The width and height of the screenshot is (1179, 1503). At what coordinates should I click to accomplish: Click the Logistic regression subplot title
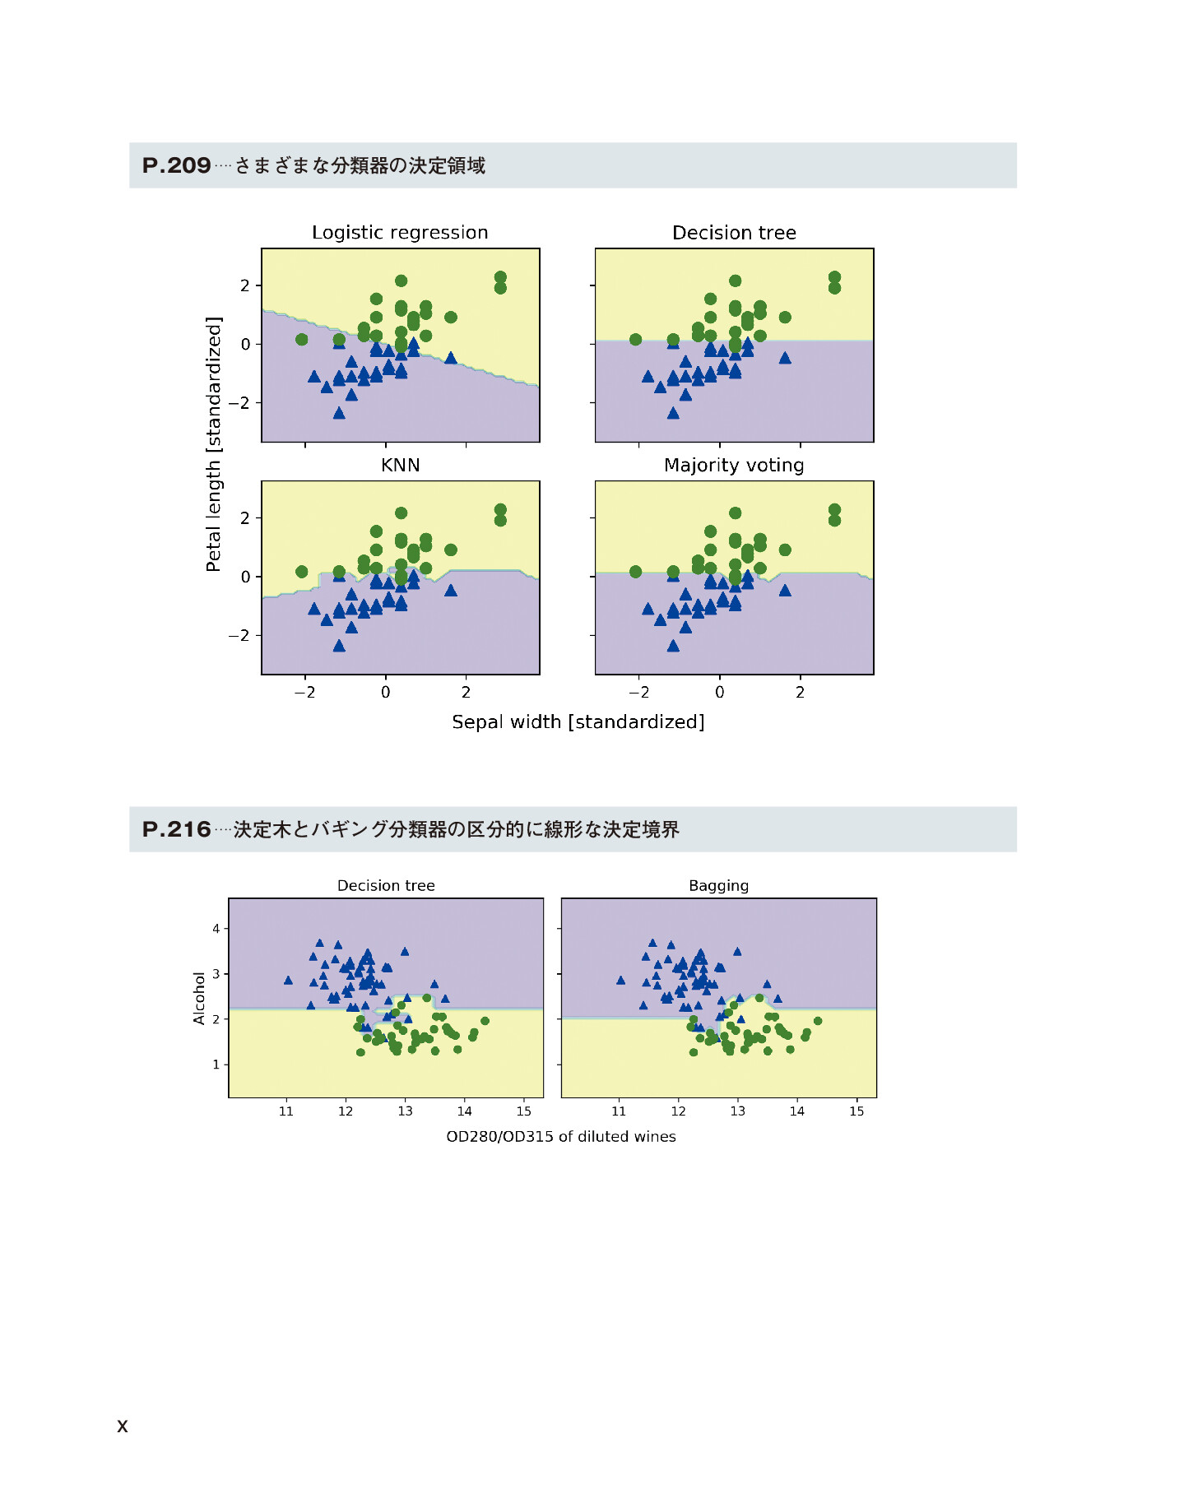400,233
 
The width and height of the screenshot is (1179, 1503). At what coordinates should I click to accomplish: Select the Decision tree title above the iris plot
734,233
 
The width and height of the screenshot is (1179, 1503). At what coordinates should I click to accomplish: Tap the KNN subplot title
400,466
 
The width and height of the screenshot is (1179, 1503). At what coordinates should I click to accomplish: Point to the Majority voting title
734,466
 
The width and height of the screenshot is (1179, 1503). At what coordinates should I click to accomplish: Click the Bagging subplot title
718,886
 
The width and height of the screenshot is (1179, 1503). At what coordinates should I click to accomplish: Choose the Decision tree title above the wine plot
386,886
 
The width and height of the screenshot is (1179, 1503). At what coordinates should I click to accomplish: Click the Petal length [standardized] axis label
214,443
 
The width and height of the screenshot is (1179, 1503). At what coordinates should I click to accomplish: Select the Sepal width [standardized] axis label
578,722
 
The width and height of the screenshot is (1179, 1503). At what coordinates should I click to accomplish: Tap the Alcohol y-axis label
199,998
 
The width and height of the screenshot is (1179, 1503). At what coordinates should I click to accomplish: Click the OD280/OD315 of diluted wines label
560,1137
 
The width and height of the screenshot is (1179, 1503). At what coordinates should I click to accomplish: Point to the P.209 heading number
176,165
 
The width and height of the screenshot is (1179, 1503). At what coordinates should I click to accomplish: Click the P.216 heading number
176,829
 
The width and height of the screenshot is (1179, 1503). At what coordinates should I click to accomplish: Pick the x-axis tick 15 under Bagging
856,1111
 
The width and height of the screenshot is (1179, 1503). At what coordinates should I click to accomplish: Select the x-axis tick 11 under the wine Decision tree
286,1111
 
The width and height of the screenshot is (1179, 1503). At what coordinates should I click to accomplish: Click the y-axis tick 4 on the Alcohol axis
216,929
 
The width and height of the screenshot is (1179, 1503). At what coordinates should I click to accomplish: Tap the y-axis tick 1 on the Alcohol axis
216,1065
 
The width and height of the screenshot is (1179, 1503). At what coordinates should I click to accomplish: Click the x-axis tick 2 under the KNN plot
466,693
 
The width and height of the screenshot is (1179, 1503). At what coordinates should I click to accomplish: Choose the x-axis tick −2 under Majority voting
638,693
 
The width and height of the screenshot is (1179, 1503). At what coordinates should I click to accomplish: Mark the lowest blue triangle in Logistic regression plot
339,413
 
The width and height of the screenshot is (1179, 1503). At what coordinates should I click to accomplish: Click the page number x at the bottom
123,1426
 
